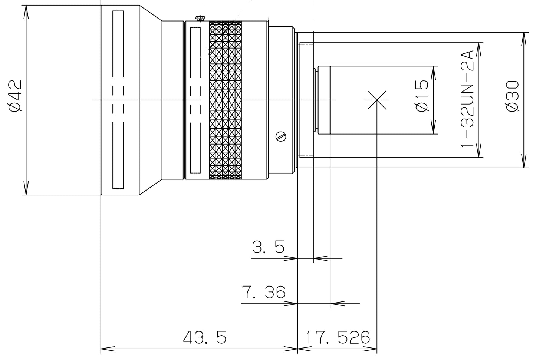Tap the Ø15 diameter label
[422, 96]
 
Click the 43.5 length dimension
[204, 337]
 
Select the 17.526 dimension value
[338, 337]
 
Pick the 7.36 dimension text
[263, 292]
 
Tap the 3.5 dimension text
[268, 247]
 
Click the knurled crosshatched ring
[225, 100]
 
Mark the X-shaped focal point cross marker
[376, 100]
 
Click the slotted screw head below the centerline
[282, 136]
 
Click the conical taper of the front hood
[150, 100]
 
